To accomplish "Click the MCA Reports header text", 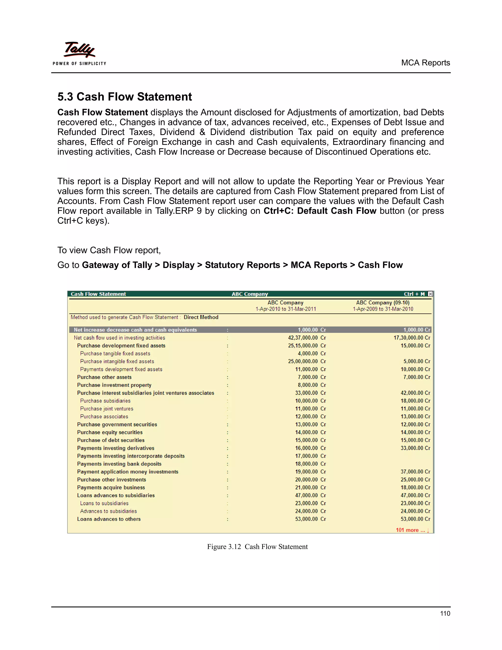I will click(x=425, y=63).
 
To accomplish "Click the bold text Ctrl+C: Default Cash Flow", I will click(x=320, y=211).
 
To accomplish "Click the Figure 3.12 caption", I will click(x=257, y=547).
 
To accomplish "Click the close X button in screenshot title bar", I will click(x=430, y=294).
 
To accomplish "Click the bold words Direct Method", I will click(x=201, y=317).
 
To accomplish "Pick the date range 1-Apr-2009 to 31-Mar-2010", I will click(x=383, y=309).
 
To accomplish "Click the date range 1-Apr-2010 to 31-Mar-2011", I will click(x=286, y=309).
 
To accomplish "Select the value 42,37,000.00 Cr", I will click(x=307, y=338).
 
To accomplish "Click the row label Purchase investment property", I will click(x=114, y=385).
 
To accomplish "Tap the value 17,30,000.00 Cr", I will click(x=412, y=338).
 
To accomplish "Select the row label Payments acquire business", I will click(x=111, y=488).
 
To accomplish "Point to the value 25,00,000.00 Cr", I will click(x=307, y=361).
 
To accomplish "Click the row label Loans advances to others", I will click(x=109, y=519).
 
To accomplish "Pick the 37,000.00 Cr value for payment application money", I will click(x=415, y=472).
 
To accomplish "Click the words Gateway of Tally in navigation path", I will click(x=117, y=265).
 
